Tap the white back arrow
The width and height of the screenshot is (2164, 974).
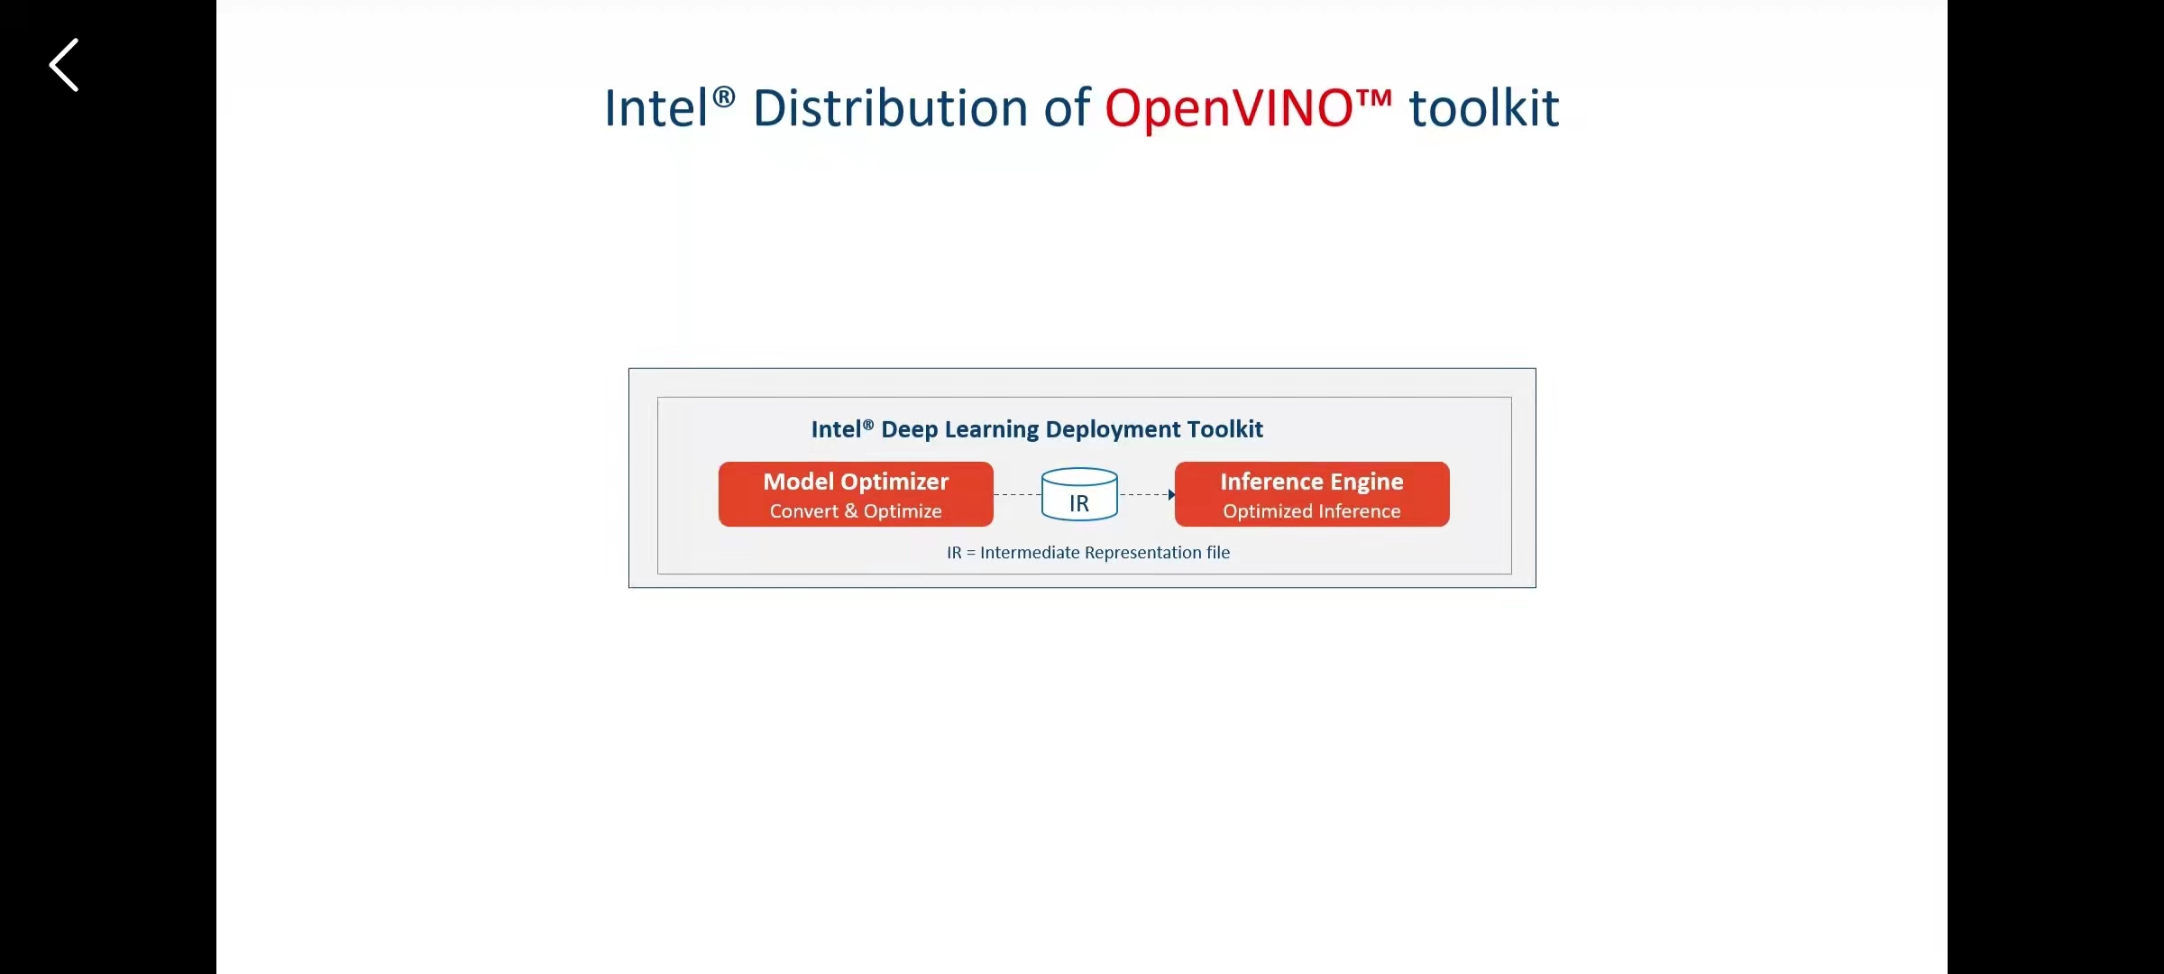(64, 65)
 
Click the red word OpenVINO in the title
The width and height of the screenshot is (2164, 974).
(1229, 109)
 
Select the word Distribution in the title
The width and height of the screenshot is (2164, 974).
(890, 109)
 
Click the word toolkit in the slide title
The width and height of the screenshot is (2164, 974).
(1484, 109)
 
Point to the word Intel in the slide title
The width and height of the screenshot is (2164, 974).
(656, 109)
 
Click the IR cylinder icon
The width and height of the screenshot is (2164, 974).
(1079, 494)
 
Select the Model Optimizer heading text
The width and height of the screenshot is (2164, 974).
(856, 482)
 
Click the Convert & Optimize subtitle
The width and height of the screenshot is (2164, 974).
(856, 511)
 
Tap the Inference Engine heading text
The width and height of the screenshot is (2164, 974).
(1312, 482)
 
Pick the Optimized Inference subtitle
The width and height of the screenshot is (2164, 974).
(1312, 511)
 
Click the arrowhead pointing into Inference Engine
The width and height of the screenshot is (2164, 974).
(1171, 494)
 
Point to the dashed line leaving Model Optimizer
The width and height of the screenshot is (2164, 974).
(1017, 494)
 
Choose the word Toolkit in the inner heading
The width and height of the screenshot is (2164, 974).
(1225, 429)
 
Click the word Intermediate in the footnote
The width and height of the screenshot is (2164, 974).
(1030, 553)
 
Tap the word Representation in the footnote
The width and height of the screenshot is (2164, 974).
(1143, 553)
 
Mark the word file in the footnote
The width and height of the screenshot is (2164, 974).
(1218, 553)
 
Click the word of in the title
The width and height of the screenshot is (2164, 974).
(1067, 109)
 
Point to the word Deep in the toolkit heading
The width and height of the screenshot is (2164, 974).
(910, 429)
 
